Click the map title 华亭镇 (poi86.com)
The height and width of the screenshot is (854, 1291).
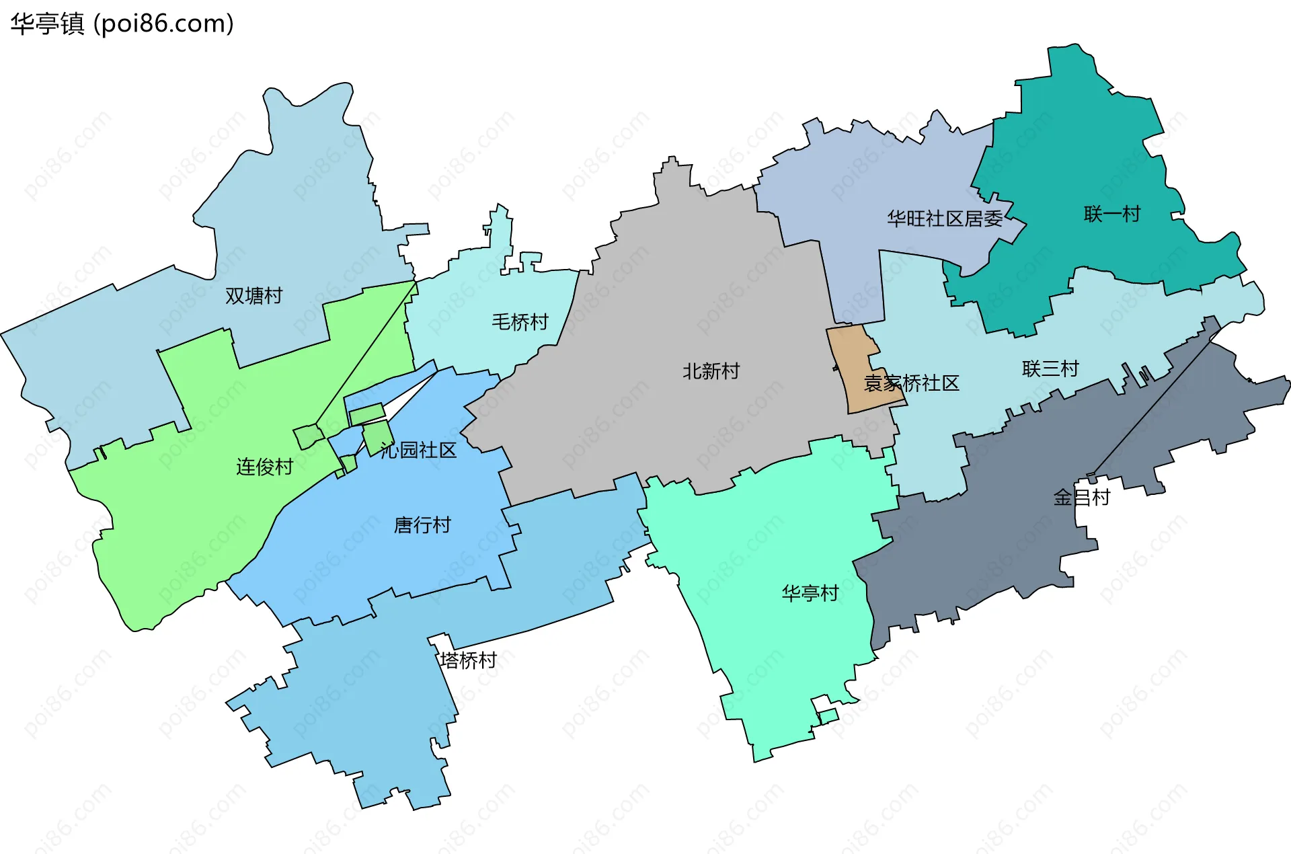pyautogui.click(x=122, y=24)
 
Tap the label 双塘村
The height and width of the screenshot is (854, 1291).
pyautogui.click(x=253, y=296)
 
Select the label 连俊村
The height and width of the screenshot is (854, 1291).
pyautogui.click(x=264, y=467)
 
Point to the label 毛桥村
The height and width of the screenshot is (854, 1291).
pyautogui.click(x=520, y=322)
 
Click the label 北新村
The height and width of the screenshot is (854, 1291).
pyautogui.click(x=711, y=371)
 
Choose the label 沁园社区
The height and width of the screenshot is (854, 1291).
pyautogui.click(x=418, y=451)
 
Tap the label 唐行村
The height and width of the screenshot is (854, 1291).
pyautogui.click(x=422, y=525)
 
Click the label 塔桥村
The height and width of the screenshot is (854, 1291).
pyautogui.click(x=469, y=660)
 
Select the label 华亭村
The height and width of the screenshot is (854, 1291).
pyautogui.click(x=810, y=593)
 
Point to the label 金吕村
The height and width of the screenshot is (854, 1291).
pyautogui.click(x=1081, y=498)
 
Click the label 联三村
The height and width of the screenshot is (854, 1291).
pyautogui.click(x=1050, y=368)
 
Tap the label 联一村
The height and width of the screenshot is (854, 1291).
pyautogui.click(x=1112, y=214)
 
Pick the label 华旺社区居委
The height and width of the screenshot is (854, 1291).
pyautogui.click(x=945, y=219)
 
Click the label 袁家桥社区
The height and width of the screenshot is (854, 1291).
pyautogui.click(x=911, y=383)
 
